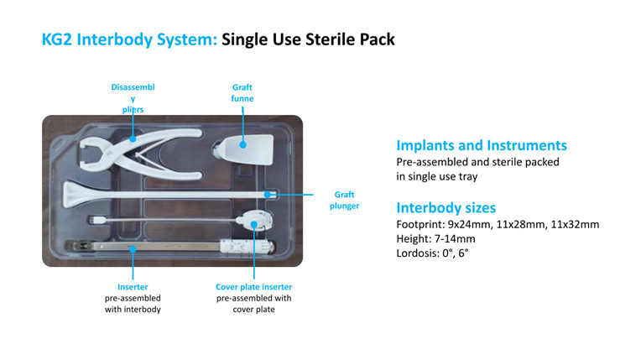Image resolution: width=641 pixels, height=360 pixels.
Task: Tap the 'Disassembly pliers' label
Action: click(133, 97)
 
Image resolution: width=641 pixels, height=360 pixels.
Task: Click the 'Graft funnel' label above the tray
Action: click(242, 92)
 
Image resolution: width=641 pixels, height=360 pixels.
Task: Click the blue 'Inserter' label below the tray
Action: click(133, 287)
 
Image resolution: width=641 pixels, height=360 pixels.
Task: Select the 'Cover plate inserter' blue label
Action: click(254, 287)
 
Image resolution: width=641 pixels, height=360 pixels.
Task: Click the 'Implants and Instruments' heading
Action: click(481, 145)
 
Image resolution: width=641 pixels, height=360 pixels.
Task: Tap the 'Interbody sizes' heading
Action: click(446, 207)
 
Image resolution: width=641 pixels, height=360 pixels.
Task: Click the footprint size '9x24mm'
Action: click(465, 225)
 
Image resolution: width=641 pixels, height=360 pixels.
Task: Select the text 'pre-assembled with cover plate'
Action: click(254, 303)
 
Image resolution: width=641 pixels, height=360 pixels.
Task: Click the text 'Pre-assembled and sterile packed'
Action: click(477, 161)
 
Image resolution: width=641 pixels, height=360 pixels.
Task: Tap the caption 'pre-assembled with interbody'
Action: click(133, 303)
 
